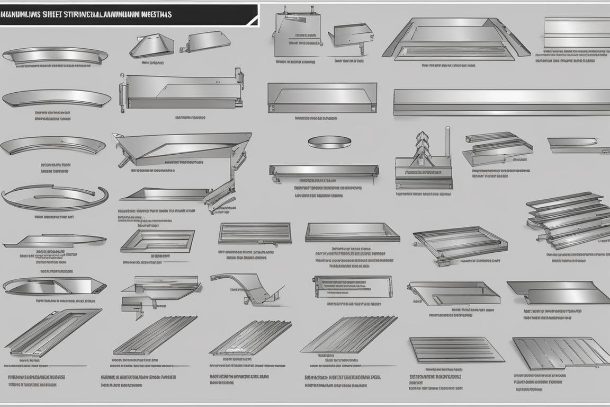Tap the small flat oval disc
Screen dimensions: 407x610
point(329,141)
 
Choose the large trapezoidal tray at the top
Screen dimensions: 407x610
point(455,39)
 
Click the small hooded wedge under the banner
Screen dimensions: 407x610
point(151,45)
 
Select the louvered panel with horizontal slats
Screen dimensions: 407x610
point(255,233)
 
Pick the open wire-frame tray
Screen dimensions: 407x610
point(460,243)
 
